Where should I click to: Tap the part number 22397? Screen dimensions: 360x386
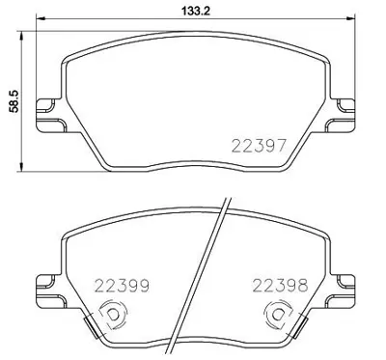[x=256, y=146]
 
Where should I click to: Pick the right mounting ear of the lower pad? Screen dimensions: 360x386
[x=343, y=283]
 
